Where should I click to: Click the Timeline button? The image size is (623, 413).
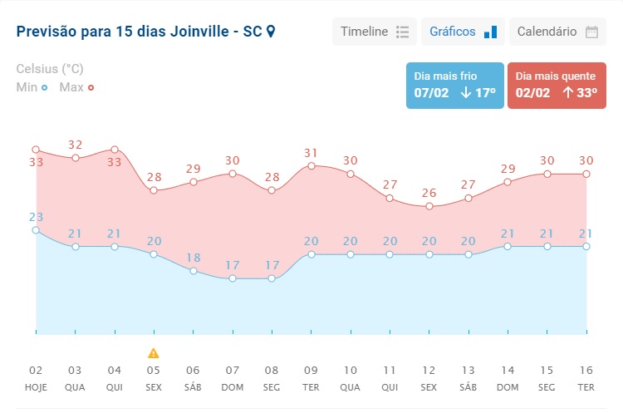374,32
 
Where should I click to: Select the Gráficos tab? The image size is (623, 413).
463,32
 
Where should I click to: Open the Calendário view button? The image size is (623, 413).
557,32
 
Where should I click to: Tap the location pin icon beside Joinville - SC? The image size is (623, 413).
270,32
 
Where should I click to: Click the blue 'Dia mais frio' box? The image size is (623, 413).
454,85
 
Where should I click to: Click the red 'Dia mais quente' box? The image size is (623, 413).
556,85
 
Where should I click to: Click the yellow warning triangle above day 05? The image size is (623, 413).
154,353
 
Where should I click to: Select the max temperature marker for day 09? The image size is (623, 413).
311,165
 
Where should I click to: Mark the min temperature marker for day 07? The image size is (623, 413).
233,278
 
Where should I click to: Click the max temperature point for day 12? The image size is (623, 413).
429,206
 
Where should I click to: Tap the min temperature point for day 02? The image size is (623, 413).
36,230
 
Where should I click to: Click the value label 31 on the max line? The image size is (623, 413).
311,153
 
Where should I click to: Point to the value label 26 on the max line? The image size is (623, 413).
429,194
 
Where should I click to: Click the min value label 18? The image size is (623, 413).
193,258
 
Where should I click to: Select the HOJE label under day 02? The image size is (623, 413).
36,388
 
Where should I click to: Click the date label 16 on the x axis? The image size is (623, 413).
586,371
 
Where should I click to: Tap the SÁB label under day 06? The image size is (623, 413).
193,388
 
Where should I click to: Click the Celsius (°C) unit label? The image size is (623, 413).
50,69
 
